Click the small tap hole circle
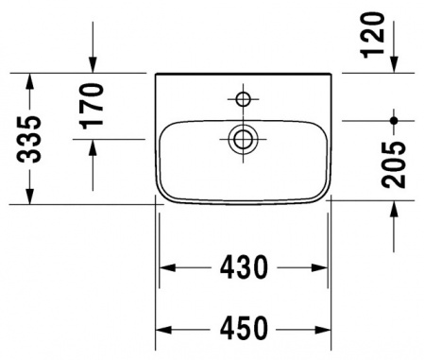click(x=243, y=97)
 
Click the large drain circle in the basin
click(x=243, y=139)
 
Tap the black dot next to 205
click(x=395, y=120)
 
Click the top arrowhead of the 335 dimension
click(x=32, y=79)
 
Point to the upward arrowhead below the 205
click(x=395, y=210)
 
